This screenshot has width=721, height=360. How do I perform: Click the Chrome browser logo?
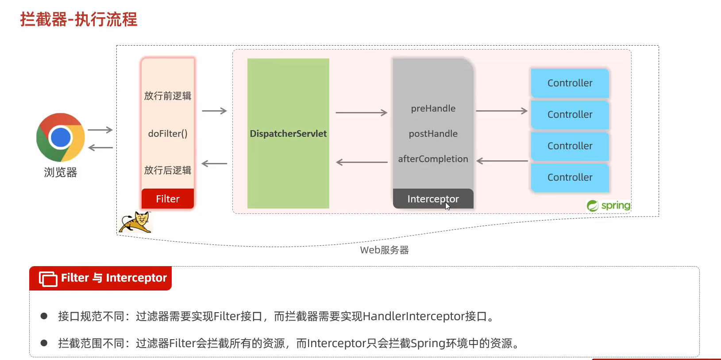click(x=61, y=137)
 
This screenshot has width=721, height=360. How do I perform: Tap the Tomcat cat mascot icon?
click(x=135, y=222)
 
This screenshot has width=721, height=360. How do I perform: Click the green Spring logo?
click(x=608, y=205)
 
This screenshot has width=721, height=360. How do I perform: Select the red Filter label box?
click(x=168, y=199)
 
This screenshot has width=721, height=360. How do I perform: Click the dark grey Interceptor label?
click(x=433, y=199)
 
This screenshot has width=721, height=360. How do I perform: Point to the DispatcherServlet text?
click(x=288, y=134)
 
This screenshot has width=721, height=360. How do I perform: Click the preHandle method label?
click(x=433, y=108)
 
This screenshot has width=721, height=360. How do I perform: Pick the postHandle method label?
click(x=433, y=134)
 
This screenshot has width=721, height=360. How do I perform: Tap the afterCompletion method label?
click(x=433, y=159)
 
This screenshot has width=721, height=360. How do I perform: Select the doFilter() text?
click(x=168, y=134)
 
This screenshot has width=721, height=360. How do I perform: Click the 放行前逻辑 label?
click(x=168, y=96)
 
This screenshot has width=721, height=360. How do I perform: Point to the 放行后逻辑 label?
click(x=168, y=170)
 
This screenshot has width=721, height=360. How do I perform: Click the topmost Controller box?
click(x=570, y=83)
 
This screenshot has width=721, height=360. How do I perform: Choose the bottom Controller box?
click(x=570, y=178)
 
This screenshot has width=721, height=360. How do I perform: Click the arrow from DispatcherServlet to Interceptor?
click(x=361, y=113)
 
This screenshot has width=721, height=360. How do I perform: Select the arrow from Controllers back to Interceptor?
click(x=502, y=161)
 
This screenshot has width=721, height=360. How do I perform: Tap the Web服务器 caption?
click(x=384, y=250)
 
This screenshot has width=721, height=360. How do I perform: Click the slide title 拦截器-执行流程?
click(x=79, y=19)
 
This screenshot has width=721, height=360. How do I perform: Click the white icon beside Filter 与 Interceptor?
click(x=48, y=278)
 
